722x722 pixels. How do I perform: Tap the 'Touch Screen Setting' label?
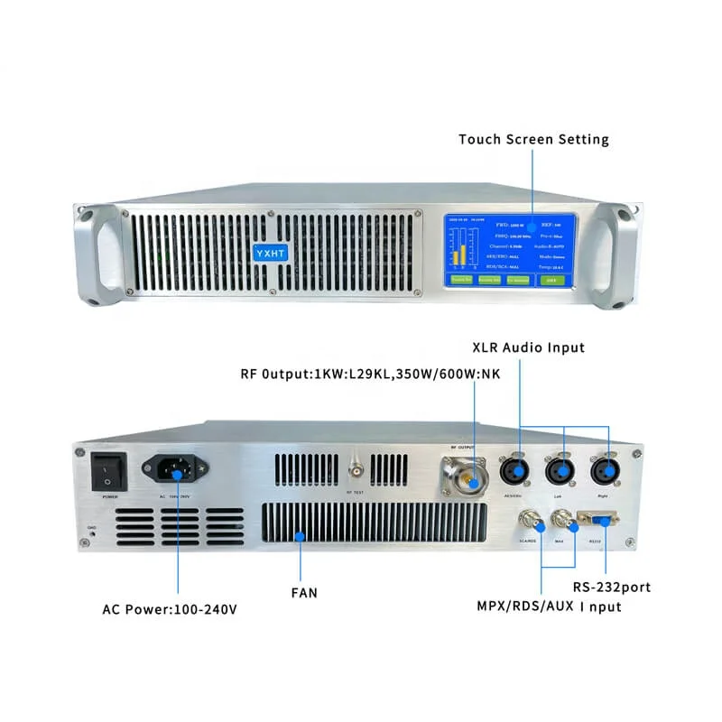533,139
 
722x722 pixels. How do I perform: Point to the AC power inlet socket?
175,468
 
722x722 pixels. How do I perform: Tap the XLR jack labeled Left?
562,472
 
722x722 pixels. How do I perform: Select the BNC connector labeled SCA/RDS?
528,521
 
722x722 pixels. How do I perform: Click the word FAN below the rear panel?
303,593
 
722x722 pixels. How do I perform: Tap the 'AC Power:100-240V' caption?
170,609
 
